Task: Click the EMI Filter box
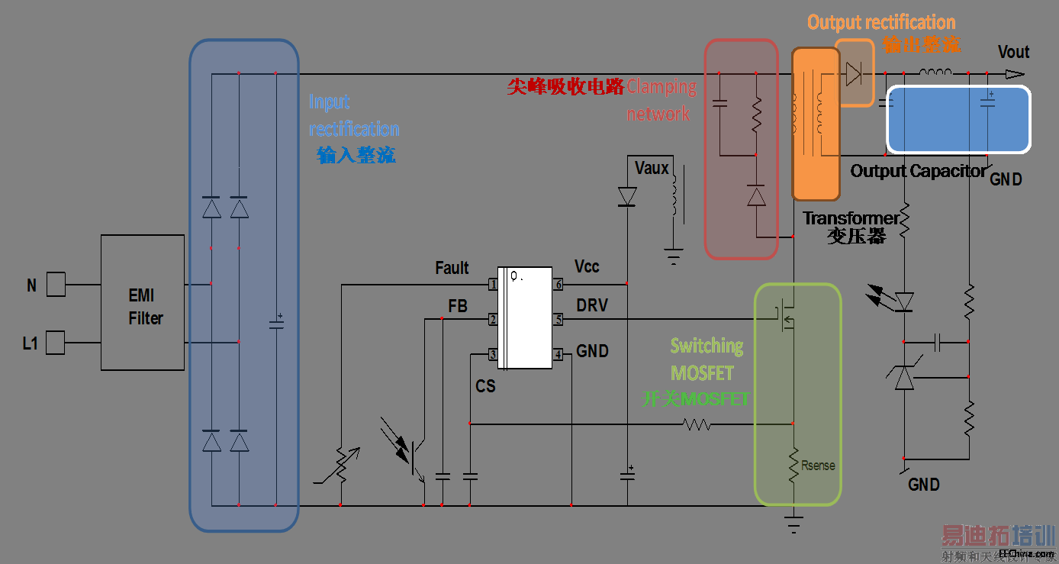tap(143, 303)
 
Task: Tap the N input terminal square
tap(56, 285)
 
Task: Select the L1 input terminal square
tap(56, 343)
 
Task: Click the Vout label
tap(1013, 52)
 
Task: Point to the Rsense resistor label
tap(818, 466)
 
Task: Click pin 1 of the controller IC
tap(494, 285)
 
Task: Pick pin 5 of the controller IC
tap(558, 320)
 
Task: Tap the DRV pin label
tap(592, 305)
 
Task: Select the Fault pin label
tap(452, 268)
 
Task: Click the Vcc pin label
tap(587, 266)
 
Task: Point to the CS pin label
tap(485, 387)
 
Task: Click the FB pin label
tap(458, 306)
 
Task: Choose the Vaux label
tap(652, 168)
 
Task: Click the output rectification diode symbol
tap(853, 73)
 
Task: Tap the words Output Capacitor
tap(918, 171)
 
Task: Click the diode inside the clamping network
tap(756, 197)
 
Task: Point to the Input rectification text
tap(353, 115)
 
